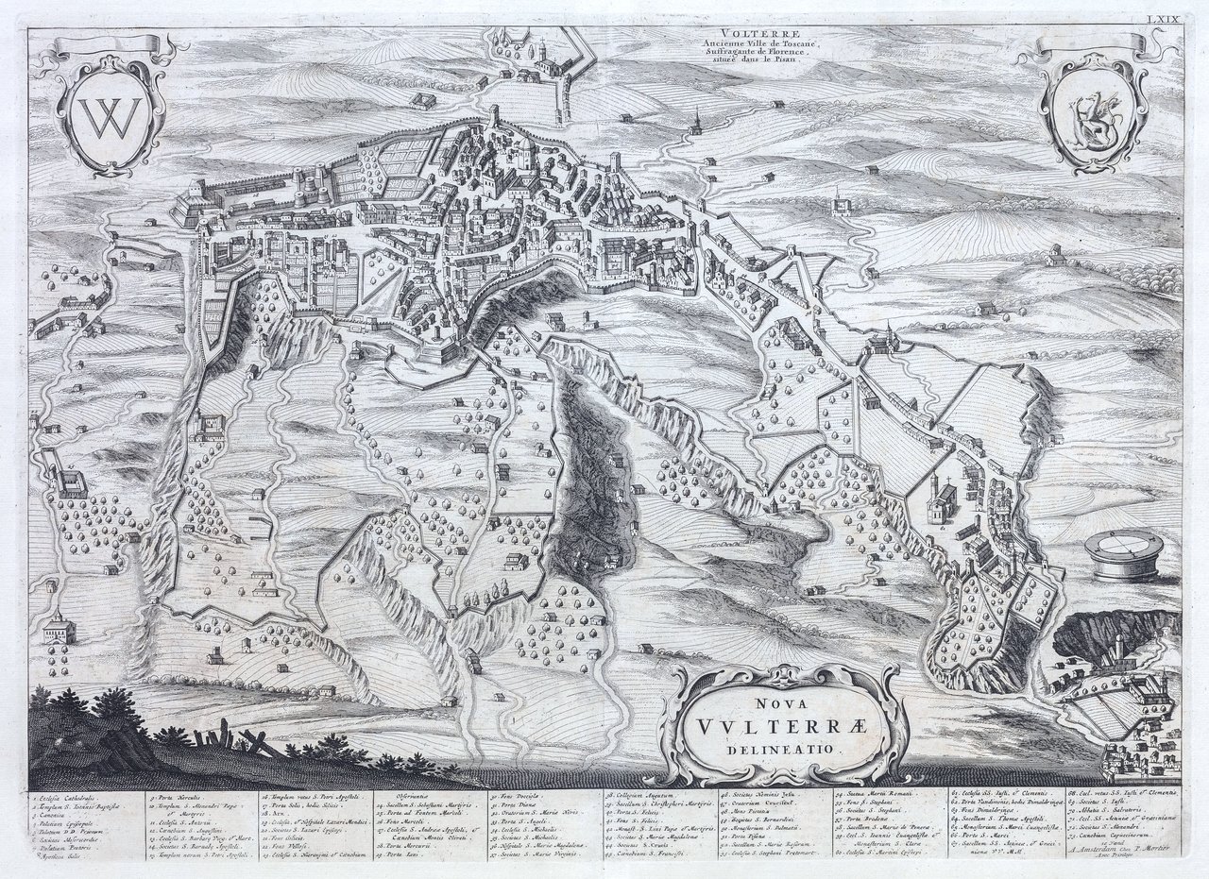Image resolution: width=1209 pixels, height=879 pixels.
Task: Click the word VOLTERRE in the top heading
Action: (727, 30)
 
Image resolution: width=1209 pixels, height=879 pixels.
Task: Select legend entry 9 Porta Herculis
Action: (179, 798)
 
